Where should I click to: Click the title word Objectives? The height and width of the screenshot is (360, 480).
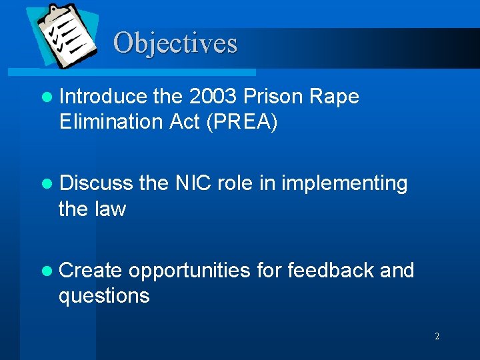pos(175,43)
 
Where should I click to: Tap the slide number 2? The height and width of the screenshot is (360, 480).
pos(437,337)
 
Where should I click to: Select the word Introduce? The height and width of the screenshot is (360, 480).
pos(103,97)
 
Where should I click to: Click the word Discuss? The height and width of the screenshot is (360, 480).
pos(95,183)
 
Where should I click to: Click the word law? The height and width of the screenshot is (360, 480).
pos(111,209)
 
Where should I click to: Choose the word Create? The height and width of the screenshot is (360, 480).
pos(91,270)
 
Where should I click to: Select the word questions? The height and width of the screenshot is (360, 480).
pos(104,295)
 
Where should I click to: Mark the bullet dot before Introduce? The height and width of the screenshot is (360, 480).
pos(46,97)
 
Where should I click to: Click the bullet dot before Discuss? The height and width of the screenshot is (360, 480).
pos(46,183)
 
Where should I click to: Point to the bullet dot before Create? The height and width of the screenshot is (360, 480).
pos(46,271)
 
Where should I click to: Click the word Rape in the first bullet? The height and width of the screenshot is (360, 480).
pos(336,97)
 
